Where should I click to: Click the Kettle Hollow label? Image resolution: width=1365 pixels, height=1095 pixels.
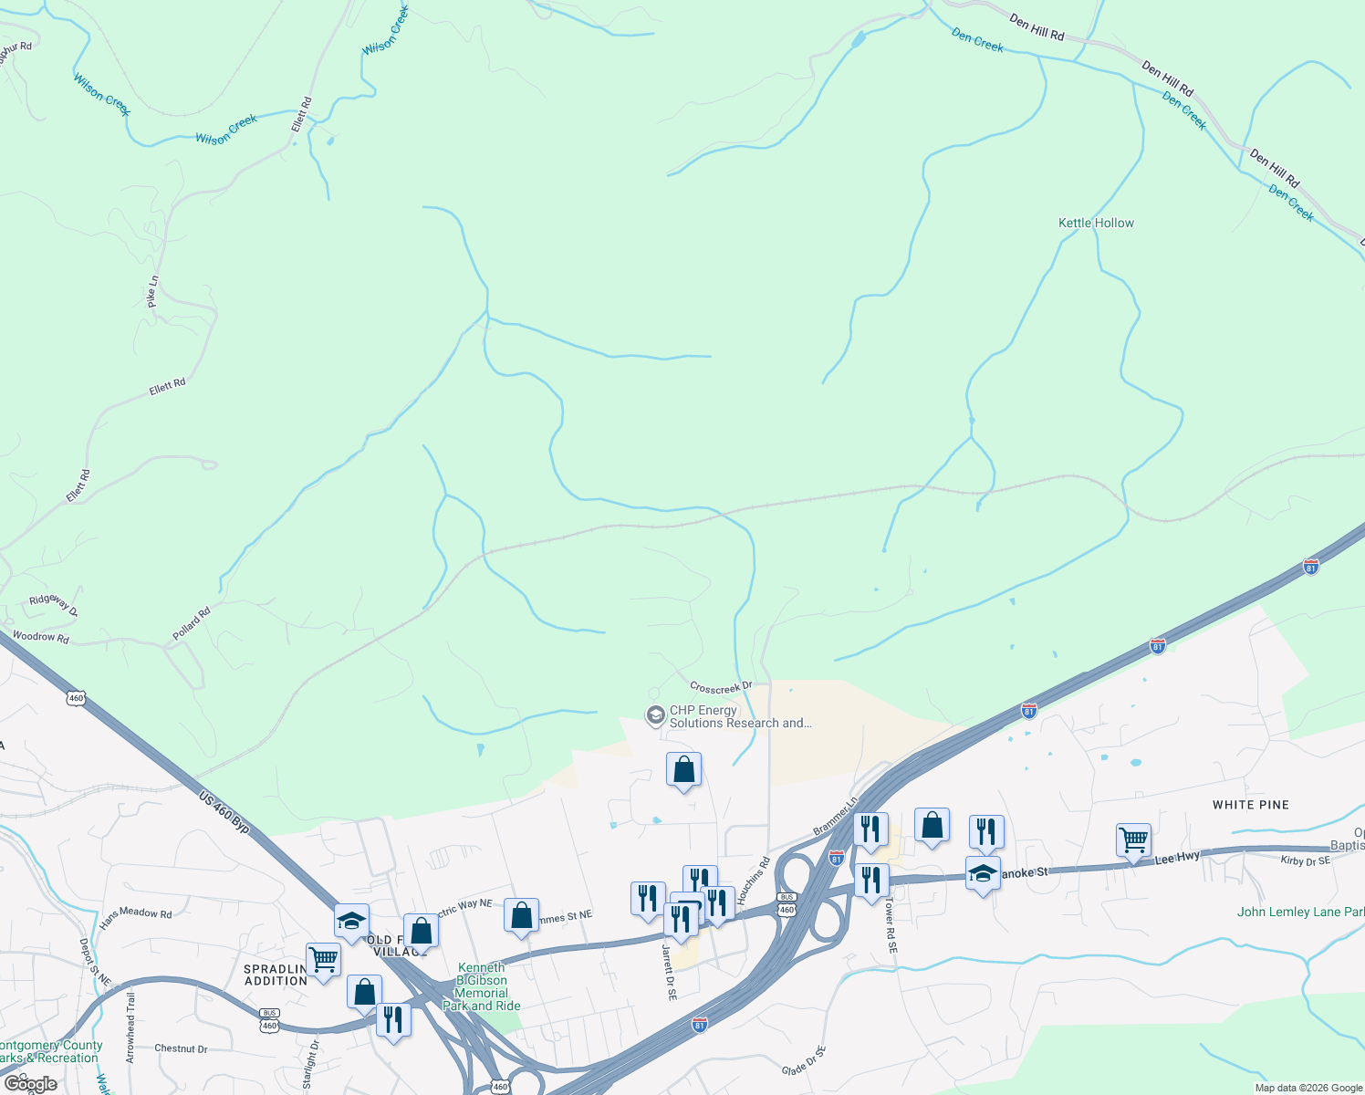tap(1096, 223)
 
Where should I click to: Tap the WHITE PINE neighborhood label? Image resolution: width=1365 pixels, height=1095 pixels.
tap(1250, 805)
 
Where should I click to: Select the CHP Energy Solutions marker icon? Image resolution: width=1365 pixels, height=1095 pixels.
tap(655, 716)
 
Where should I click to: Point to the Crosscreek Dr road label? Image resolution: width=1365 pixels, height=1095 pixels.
tap(721, 686)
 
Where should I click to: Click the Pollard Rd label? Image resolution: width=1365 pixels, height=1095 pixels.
tap(192, 623)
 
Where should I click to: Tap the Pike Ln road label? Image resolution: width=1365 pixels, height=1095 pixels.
tap(152, 291)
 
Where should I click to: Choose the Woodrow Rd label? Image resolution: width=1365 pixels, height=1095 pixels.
tap(40, 637)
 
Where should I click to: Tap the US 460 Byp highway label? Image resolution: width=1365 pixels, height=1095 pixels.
tap(224, 812)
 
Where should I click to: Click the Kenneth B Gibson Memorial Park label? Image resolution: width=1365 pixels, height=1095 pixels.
tap(481, 986)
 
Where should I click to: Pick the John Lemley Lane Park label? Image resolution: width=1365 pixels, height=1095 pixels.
tap(1299, 912)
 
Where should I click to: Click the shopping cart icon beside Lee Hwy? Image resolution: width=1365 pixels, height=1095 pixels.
tap(1133, 839)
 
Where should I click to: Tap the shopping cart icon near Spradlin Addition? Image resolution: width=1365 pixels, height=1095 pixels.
tap(323, 959)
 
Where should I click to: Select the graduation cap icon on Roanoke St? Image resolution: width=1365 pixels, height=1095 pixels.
tap(983, 873)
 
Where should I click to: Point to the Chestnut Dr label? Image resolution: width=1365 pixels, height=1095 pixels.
tap(181, 1048)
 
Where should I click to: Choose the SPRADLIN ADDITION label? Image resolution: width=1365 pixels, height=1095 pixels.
tap(276, 975)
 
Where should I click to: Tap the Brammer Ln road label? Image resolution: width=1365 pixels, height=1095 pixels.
tap(836, 815)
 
